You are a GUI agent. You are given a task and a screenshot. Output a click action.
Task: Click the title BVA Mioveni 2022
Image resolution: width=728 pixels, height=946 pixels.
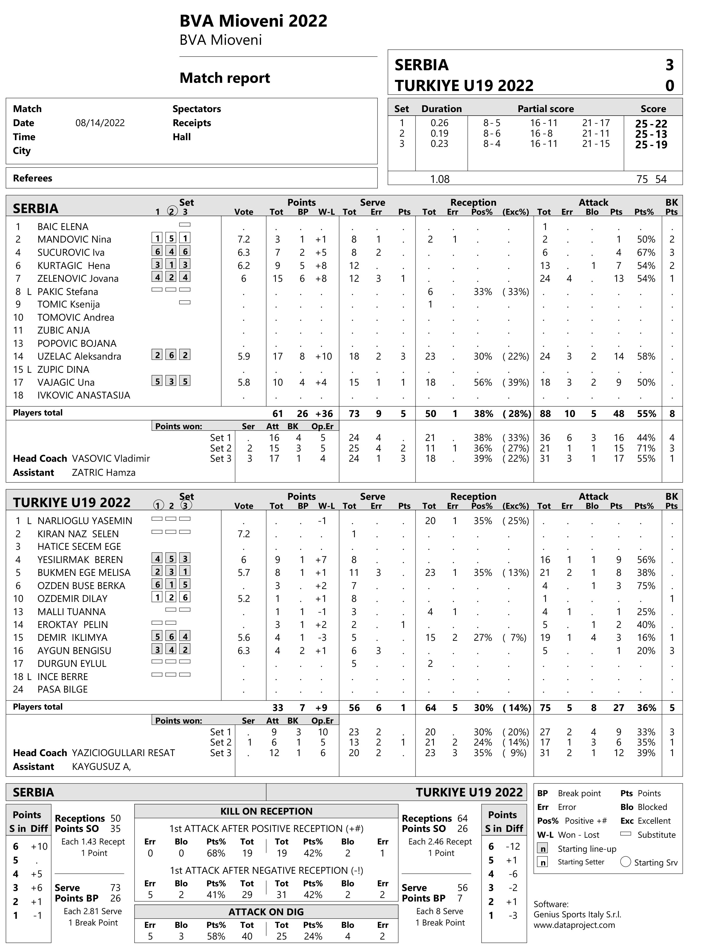point(253,21)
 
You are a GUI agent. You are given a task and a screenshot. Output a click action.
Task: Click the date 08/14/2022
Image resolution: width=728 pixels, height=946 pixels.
point(100,123)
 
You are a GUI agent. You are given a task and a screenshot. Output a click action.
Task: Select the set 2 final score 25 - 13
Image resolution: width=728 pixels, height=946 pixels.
point(651,134)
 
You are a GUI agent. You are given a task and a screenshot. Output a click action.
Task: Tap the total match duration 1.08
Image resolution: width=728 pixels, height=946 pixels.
point(439,179)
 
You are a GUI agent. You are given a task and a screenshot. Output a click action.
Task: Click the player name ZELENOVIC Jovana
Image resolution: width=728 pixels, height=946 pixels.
point(78,279)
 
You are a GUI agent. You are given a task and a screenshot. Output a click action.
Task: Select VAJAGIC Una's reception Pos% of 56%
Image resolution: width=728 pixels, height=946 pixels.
point(483,382)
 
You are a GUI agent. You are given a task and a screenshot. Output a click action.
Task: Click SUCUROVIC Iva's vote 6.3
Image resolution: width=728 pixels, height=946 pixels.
point(243,253)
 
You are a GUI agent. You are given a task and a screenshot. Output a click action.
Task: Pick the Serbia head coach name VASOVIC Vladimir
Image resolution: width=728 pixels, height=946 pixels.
point(111,458)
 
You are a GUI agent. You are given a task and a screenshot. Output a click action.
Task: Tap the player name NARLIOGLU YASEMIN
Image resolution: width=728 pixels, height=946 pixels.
point(85,521)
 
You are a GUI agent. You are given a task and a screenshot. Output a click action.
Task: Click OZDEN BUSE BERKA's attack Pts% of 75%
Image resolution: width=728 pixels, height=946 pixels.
point(646,586)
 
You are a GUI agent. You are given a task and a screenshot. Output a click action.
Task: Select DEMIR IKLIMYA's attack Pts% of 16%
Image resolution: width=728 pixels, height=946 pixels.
point(646,638)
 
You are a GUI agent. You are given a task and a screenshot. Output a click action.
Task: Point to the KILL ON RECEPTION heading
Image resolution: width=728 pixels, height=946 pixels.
point(266,811)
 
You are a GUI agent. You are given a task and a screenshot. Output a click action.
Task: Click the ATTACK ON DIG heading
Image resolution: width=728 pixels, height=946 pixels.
point(266,912)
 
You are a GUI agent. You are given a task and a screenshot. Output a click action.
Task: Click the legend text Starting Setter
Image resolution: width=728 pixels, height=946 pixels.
point(581,862)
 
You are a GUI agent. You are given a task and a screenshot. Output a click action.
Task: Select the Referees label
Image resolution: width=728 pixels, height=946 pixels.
point(32,178)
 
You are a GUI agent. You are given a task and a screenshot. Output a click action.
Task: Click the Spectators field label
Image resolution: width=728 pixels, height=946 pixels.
point(197,109)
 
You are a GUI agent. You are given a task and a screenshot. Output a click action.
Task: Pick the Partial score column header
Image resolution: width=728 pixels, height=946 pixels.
point(546,109)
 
